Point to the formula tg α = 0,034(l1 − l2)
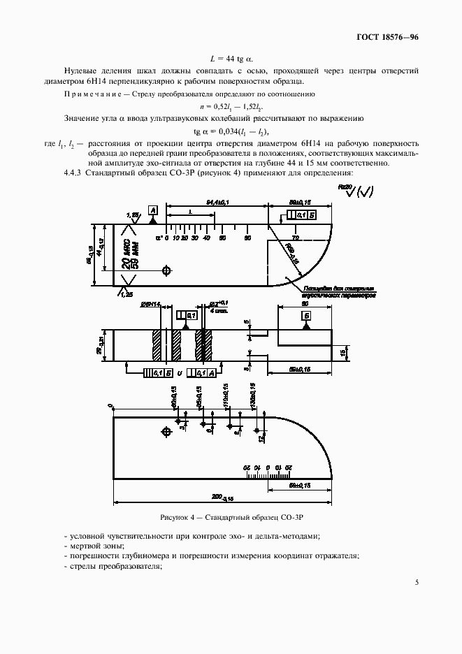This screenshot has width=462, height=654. (x=231, y=131)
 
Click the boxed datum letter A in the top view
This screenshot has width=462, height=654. (x=152, y=210)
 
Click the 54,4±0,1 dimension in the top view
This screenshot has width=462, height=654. (x=219, y=203)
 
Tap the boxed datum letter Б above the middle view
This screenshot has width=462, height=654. (x=306, y=316)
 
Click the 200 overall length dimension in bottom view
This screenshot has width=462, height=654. (x=222, y=496)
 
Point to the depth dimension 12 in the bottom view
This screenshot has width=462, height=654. (x=261, y=439)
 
